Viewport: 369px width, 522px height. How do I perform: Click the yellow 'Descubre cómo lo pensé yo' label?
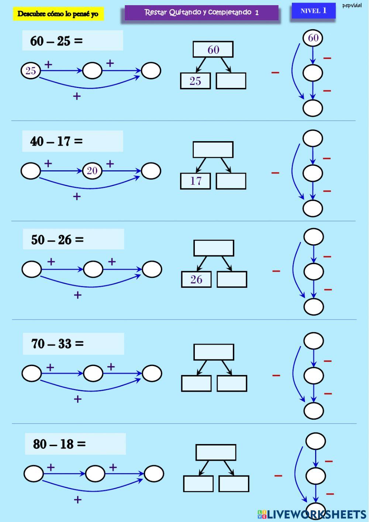(x=58, y=14)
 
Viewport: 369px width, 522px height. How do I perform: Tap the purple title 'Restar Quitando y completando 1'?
(x=201, y=13)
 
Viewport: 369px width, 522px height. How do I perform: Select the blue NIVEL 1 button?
(x=313, y=11)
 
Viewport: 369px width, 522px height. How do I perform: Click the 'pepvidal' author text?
(x=352, y=6)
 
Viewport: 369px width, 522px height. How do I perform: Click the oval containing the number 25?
(x=31, y=71)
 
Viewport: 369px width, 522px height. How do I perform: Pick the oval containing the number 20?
(x=92, y=170)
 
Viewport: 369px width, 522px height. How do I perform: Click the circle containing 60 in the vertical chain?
(x=313, y=38)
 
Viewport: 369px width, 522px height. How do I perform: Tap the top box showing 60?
(x=213, y=50)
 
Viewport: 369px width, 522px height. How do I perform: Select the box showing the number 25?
(x=195, y=81)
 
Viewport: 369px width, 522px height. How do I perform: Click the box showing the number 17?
(x=195, y=181)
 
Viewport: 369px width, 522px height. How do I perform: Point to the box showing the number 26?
(x=196, y=279)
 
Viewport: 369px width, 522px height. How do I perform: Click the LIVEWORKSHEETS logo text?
(x=312, y=514)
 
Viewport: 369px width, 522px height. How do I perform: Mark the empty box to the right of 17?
(x=231, y=181)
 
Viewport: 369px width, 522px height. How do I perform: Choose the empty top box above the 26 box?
(x=214, y=248)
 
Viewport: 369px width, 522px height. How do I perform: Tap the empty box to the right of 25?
(x=231, y=81)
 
